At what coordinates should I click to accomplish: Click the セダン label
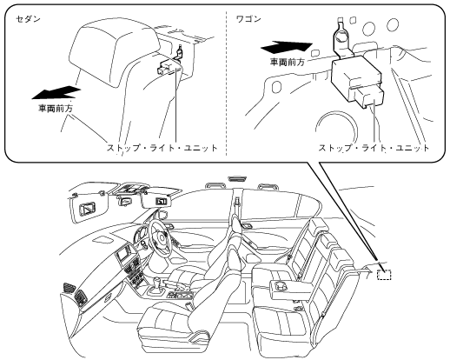[x=28, y=19]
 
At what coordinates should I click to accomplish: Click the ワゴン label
[x=248, y=19]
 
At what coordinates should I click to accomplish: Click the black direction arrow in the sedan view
[x=56, y=92]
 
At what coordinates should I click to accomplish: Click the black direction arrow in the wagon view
[x=287, y=47]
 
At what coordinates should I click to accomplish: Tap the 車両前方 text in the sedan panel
[x=56, y=109]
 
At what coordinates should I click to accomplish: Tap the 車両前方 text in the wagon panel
[x=288, y=62]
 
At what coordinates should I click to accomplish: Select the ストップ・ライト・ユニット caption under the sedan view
[x=162, y=148]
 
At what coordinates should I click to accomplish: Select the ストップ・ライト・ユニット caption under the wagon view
[x=374, y=148]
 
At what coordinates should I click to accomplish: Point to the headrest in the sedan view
[x=115, y=53]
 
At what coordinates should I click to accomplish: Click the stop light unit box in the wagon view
[x=357, y=75]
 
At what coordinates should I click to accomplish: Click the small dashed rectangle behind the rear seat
[x=384, y=274]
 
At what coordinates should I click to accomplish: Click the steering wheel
[x=158, y=235]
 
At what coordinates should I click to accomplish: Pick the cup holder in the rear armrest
[x=281, y=285]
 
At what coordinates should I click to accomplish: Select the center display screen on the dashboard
[x=124, y=253]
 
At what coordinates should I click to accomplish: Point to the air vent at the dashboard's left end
[x=70, y=290]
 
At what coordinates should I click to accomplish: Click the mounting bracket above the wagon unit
[x=344, y=37]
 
